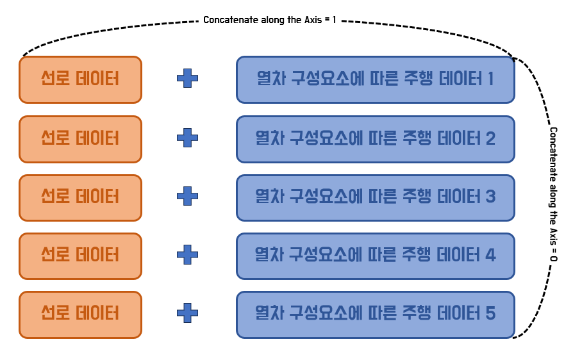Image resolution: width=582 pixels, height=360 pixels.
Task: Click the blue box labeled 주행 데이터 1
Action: click(x=375, y=79)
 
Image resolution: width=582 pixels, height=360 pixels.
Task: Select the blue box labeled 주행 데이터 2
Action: click(x=375, y=138)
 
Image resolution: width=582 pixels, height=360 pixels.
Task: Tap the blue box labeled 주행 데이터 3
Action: click(x=375, y=197)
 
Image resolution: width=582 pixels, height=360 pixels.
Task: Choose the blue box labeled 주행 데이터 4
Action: click(x=375, y=256)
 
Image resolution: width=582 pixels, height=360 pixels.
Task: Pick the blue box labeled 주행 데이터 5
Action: click(x=375, y=315)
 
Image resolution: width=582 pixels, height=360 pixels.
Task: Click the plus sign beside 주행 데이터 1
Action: click(x=187, y=79)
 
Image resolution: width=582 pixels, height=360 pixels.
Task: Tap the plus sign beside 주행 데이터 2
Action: click(x=187, y=138)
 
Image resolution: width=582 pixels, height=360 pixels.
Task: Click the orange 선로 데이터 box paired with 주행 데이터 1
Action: click(x=80, y=79)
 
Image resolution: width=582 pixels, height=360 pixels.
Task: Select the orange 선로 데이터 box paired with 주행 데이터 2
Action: click(x=80, y=138)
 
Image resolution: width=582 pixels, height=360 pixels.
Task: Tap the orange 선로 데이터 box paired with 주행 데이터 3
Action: click(x=80, y=197)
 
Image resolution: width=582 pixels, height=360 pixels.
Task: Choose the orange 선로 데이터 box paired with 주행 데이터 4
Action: click(x=80, y=256)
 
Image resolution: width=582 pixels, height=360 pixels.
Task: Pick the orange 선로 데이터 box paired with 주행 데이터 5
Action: click(x=80, y=315)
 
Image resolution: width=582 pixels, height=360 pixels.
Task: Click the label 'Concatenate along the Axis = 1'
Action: click(x=270, y=20)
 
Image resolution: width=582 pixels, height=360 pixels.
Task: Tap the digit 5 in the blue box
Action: click(x=490, y=315)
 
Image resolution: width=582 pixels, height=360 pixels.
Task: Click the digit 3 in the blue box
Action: click(x=490, y=197)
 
